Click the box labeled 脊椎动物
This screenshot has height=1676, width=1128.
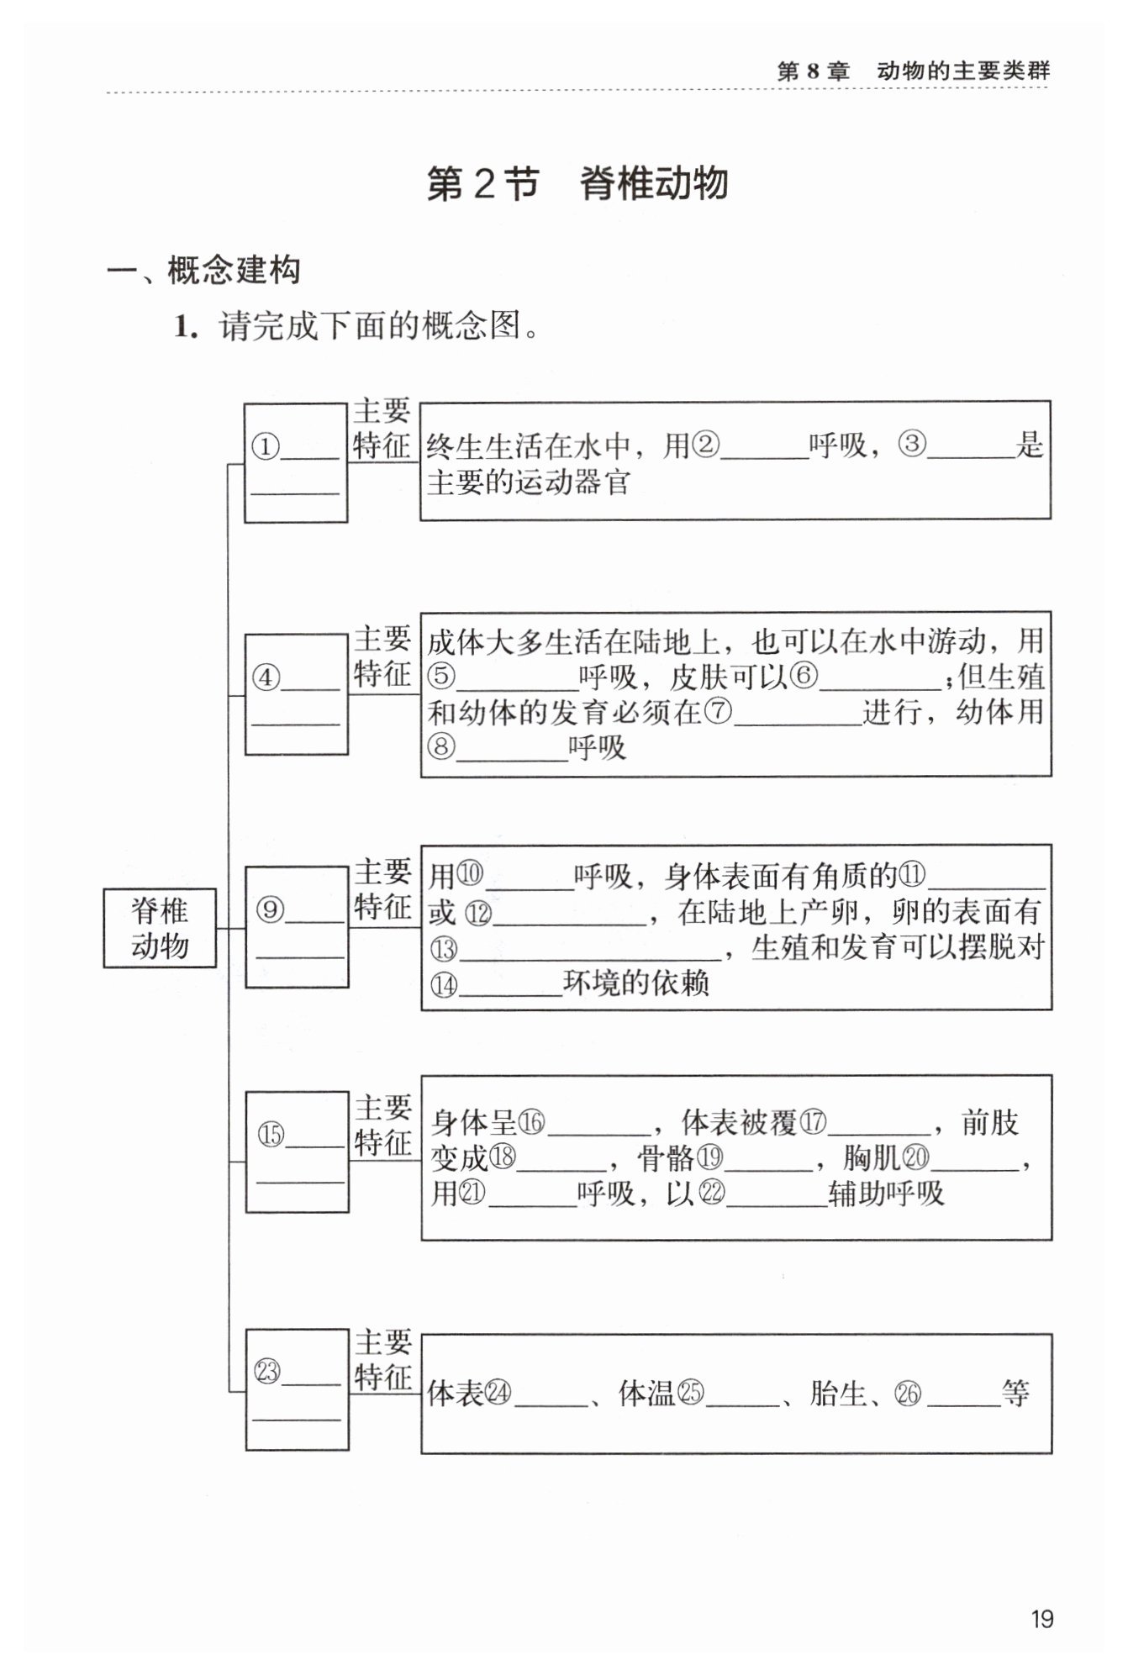[x=160, y=927]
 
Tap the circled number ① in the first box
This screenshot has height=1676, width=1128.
[x=266, y=446]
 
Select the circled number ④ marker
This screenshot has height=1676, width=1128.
[x=266, y=677]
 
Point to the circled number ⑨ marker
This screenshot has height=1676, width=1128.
[x=270, y=909]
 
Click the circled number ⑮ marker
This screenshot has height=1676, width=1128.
[x=271, y=1135]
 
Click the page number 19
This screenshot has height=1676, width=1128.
[x=1041, y=1620]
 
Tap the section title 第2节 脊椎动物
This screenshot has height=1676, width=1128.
[x=577, y=184]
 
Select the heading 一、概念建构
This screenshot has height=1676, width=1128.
[x=203, y=271]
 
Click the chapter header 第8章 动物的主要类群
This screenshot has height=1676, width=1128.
[x=913, y=71]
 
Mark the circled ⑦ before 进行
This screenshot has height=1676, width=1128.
[x=718, y=712]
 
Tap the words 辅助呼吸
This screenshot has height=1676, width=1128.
[x=886, y=1194]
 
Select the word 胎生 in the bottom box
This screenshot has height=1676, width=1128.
[x=838, y=1394]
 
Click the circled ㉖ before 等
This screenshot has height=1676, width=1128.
[x=908, y=1394]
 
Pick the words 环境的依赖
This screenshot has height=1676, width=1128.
[x=636, y=983]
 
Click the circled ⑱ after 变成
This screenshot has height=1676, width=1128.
[x=503, y=1157]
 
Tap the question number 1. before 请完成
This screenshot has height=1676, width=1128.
[x=186, y=326]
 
